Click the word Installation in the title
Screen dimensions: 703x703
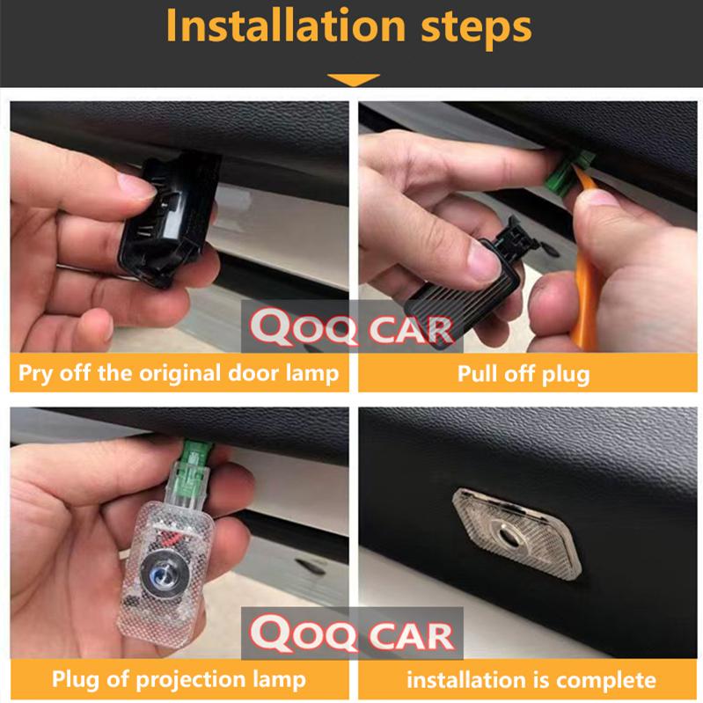point(286,26)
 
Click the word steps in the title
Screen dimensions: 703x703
point(476,29)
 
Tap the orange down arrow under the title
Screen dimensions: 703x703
point(354,79)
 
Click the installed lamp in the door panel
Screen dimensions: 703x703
point(516,532)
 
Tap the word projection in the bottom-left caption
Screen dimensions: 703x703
point(191,680)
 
